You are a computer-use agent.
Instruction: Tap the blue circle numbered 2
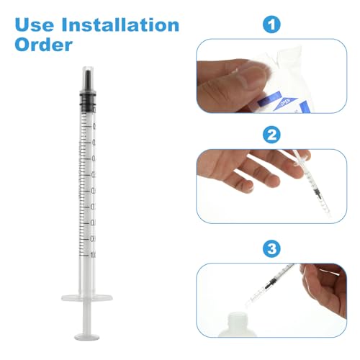click(x=271, y=134)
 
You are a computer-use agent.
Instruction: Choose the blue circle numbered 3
click(x=271, y=249)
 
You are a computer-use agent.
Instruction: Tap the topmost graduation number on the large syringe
click(x=94, y=125)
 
